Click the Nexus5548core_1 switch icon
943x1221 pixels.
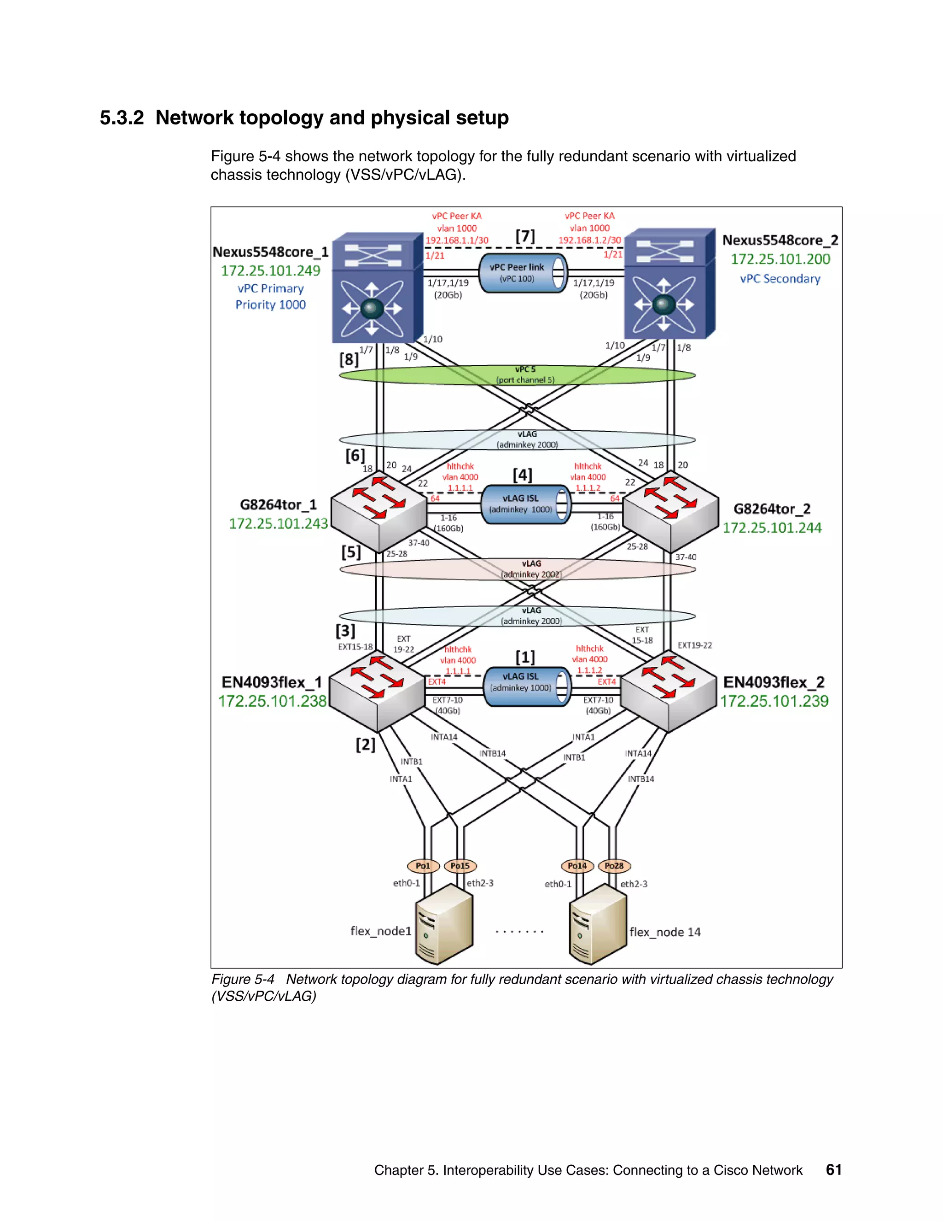tap(377, 288)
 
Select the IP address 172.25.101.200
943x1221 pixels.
tap(780, 259)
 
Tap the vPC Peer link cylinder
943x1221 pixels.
tap(523, 273)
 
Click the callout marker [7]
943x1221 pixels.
tap(524, 236)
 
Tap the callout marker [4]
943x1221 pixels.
tap(522, 475)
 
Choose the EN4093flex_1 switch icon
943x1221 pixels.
tap(377, 691)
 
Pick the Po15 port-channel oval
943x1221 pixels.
tap(460, 866)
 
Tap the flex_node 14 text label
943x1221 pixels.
tap(665, 932)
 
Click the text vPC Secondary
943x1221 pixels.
tap(780, 278)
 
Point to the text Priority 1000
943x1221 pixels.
tap(270, 305)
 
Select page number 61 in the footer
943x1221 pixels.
tap(833, 1169)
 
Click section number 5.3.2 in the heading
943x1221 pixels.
tap(122, 118)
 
